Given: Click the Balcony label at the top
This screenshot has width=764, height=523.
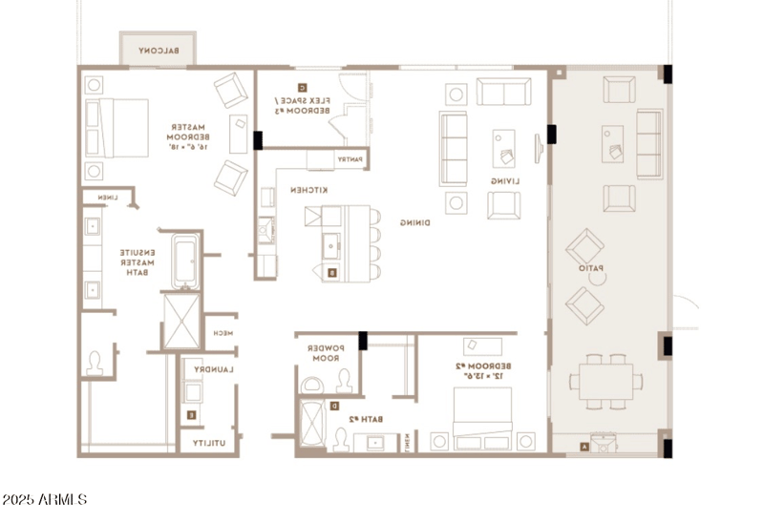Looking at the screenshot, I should pos(159,51).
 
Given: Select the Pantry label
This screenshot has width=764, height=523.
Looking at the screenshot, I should pos(348,159).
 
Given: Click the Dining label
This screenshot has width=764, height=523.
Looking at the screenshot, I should pos(414,223).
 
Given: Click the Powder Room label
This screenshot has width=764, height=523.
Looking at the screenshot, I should pos(325,354).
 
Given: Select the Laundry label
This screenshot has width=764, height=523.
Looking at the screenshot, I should pos(213,368).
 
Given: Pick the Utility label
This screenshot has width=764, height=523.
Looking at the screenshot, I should pos(210,444).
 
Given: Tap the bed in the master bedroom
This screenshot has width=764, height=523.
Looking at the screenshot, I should pos(117,128).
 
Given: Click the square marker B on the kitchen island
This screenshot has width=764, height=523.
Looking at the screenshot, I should pos(331,273).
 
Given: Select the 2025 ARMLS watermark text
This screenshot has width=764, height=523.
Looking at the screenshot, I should pos(45,500).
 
